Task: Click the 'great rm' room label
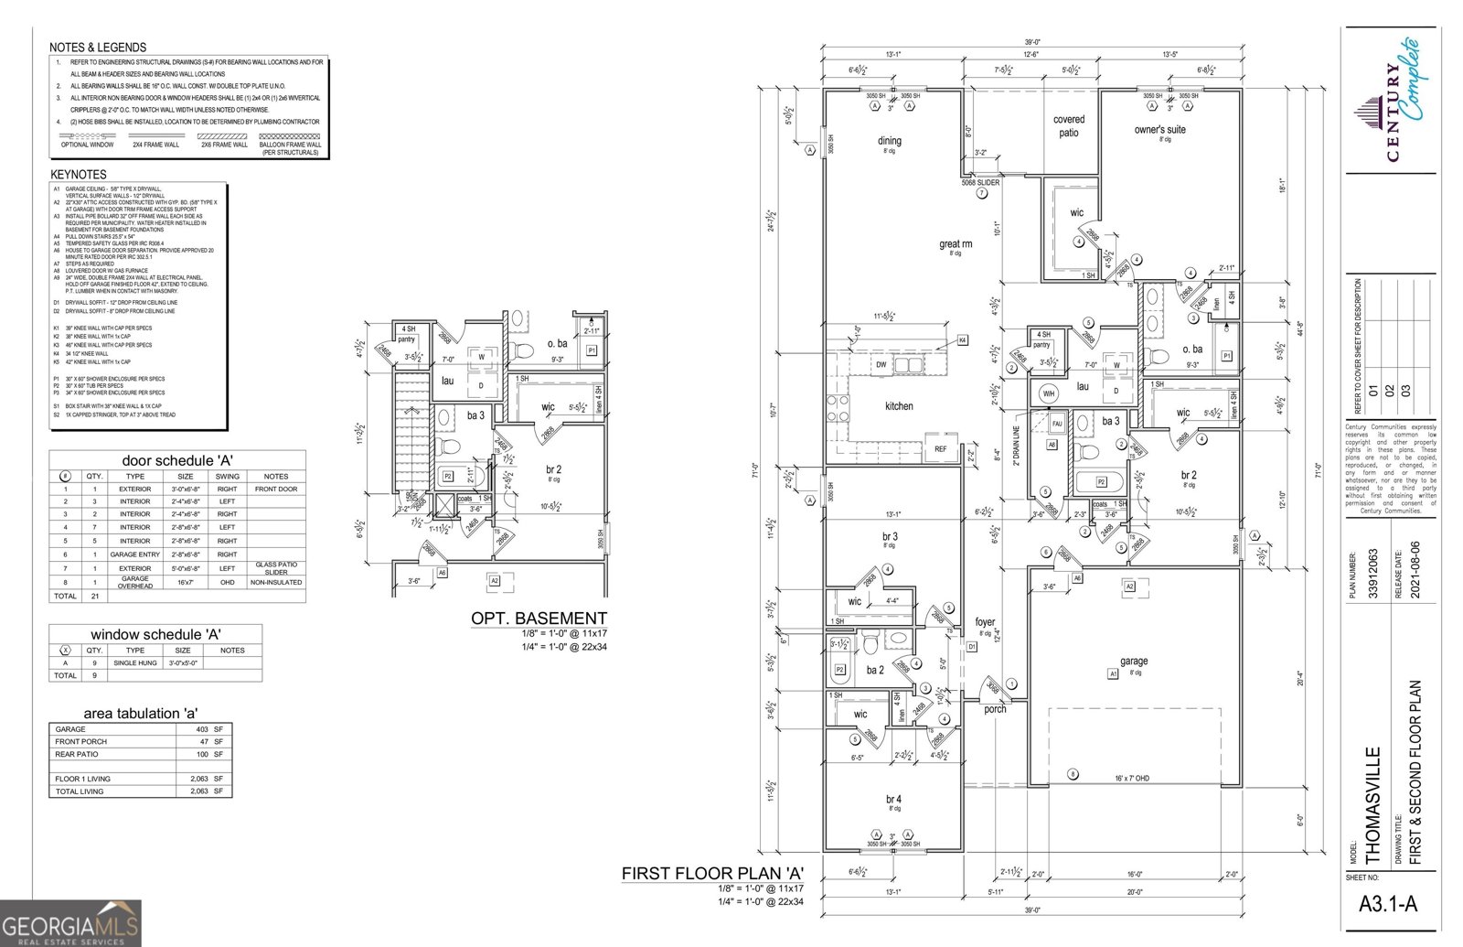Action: pos(956,243)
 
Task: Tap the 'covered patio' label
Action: pos(1069,126)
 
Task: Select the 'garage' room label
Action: pos(1134,661)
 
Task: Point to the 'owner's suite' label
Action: pos(1160,130)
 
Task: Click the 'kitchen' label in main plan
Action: pos(899,406)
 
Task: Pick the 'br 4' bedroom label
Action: pos(893,799)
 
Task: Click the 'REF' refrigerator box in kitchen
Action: pos(941,448)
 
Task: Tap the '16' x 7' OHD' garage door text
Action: pos(1132,778)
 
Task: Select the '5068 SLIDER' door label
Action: pos(980,182)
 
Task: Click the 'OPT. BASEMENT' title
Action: pos(539,619)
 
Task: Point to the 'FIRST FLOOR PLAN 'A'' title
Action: pos(712,874)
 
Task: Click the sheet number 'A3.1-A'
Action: pos(1387,904)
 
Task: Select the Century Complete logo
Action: pos(1390,101)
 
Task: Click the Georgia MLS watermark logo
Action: pos(70,922)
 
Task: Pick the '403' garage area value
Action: pos(202,729)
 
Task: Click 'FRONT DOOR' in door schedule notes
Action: pos(276,489)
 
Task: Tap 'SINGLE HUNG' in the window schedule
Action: pos(135,662)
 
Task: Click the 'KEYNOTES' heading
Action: pos(78,174)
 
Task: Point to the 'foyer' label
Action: pos(985,622)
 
